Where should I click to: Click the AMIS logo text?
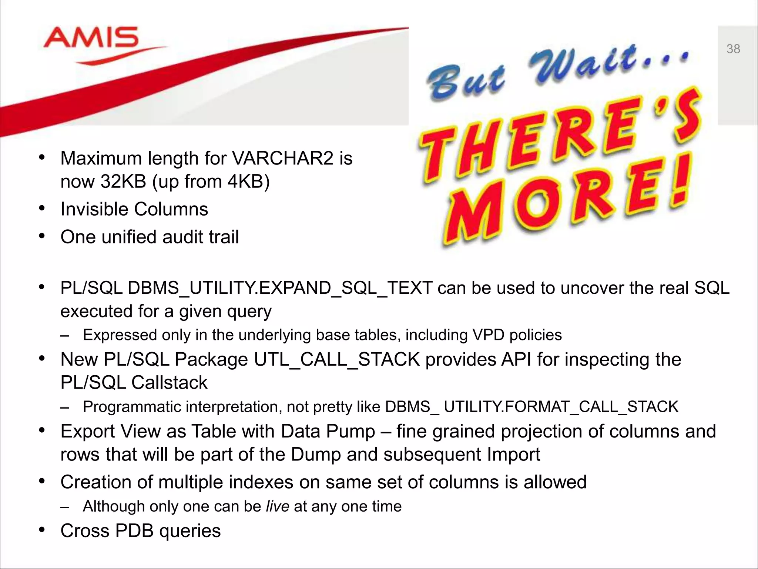point(91,38)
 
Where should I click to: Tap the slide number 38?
point(733,49)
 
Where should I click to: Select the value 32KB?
point(123,182)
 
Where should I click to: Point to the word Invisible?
point(94,209)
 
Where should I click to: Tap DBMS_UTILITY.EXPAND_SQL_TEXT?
point(280,288)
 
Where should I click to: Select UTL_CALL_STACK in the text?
point(337,360)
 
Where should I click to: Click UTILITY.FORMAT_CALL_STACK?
point(561,407)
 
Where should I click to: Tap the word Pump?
point(355,432)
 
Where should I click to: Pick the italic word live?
point(277,506)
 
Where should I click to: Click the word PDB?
point(134,531)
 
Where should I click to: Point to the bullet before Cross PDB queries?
point(42,530)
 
